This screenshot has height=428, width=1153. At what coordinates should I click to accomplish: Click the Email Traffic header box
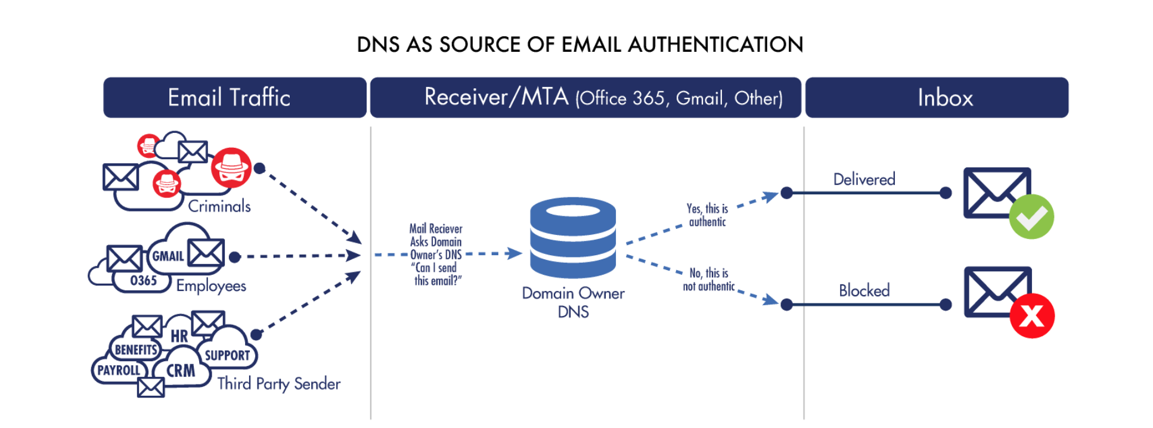coord(234,97)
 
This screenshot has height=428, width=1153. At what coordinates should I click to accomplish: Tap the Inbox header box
coord(936,97)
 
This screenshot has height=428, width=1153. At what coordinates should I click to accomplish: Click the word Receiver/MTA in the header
coord(496,97)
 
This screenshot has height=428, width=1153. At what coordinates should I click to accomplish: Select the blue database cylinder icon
coord(572,237)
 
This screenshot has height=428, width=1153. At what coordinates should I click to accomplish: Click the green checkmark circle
coord(1031,217)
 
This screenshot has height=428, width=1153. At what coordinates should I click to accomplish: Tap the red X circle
coord(1032,316)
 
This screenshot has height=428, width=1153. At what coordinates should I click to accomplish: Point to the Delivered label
coord(864,179)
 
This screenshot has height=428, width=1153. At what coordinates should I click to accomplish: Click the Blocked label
coord(864,290)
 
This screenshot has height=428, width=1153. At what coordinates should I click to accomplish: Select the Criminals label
coord(219,206)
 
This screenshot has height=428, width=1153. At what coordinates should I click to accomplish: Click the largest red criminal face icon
coord(231,168)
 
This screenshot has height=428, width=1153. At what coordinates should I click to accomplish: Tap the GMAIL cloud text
coord(168,256)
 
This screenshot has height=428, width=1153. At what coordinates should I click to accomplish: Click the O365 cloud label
coord(144,281)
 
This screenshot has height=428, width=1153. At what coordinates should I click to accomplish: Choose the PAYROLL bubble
coord(118,370)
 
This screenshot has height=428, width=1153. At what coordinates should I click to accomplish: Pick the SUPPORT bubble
coord(227,355)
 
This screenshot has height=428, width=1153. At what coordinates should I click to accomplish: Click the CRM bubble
coord(181,371)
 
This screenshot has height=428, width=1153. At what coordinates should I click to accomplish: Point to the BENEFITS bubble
coord(135,350)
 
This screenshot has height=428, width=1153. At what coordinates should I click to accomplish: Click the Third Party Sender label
coord(278,383)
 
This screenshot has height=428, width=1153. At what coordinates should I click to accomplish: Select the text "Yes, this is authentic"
coord(707,215)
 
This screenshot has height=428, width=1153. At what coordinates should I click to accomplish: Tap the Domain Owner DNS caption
coord(573,302)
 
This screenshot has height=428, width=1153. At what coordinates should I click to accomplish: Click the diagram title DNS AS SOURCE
coord(579,45)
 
